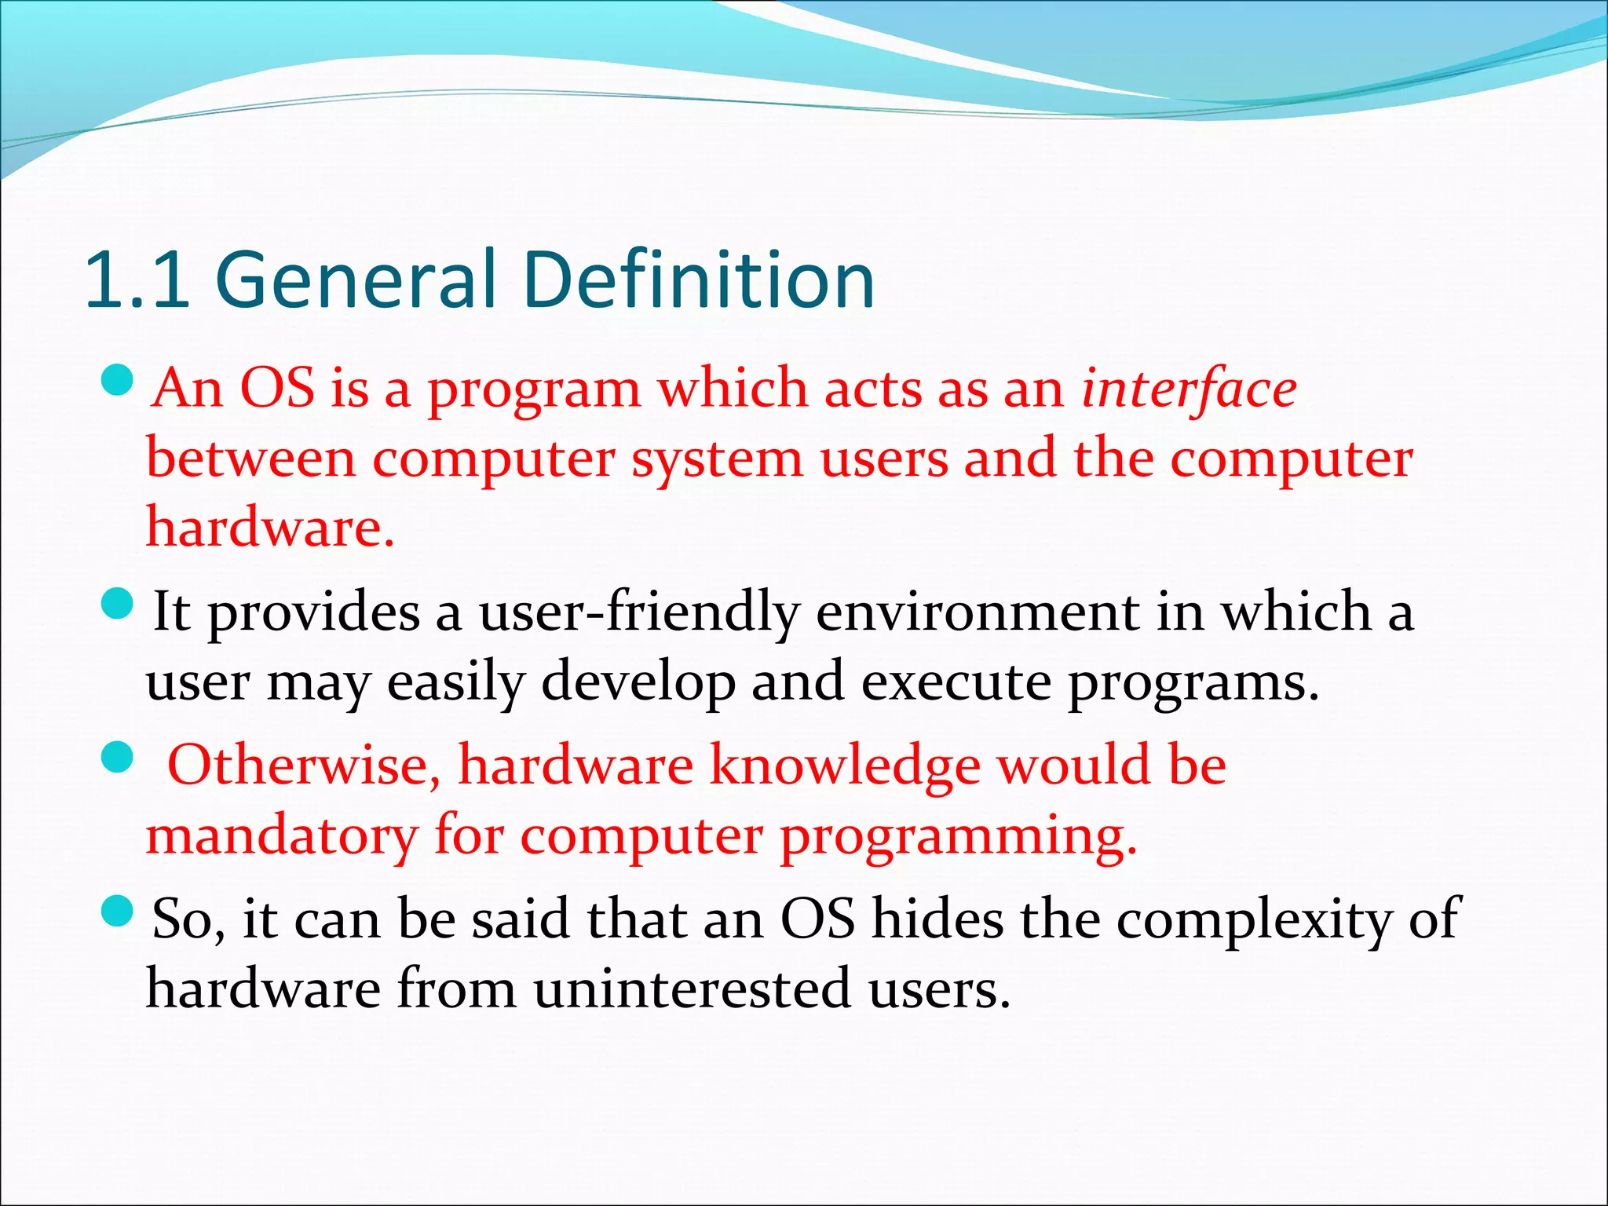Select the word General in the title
click(x=356, y=280)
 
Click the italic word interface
click(x=1189, y=389)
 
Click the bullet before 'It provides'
click(x=119, y=604)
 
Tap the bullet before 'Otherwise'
click(x=119, y=758)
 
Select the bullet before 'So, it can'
click(x=119, y=912)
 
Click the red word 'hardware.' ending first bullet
click(x=270, y=527)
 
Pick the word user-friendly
click(x=639, y=612)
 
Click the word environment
click(x=977, y=612)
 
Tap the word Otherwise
click(x=303, y=766)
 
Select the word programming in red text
click(x=957, y=838)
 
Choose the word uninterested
click(x=693, y=989)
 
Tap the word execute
click(x=956, y=682)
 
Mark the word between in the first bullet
click(x=251, y=458)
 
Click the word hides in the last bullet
click(x=937, y=918)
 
